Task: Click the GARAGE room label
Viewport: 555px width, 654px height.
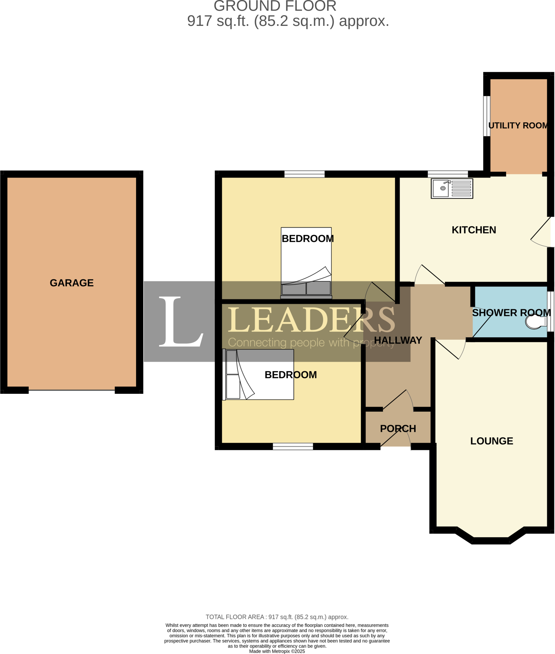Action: (72, 283)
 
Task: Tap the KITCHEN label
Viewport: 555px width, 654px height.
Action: (474, 230)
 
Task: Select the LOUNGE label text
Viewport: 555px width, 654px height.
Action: (491, 441)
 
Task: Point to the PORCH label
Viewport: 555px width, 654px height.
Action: (398, 429)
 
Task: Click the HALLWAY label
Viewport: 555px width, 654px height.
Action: (398, 340)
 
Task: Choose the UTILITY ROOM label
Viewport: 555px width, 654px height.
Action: (518, 125)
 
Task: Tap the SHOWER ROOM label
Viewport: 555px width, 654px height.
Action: (511, 313)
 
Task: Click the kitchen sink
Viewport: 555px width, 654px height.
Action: (451, 189)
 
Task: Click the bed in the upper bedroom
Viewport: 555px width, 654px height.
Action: (306, 262)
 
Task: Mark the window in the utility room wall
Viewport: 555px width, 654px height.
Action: (486, 116)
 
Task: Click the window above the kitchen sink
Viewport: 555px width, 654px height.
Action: (447, 174)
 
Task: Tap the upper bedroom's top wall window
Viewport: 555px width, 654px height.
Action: (304, 174)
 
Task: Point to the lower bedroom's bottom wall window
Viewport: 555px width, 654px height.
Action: (293, 446)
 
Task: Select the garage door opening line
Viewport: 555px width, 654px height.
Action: (72, 390)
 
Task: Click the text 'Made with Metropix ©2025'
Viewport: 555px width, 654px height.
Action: (277, 651)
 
